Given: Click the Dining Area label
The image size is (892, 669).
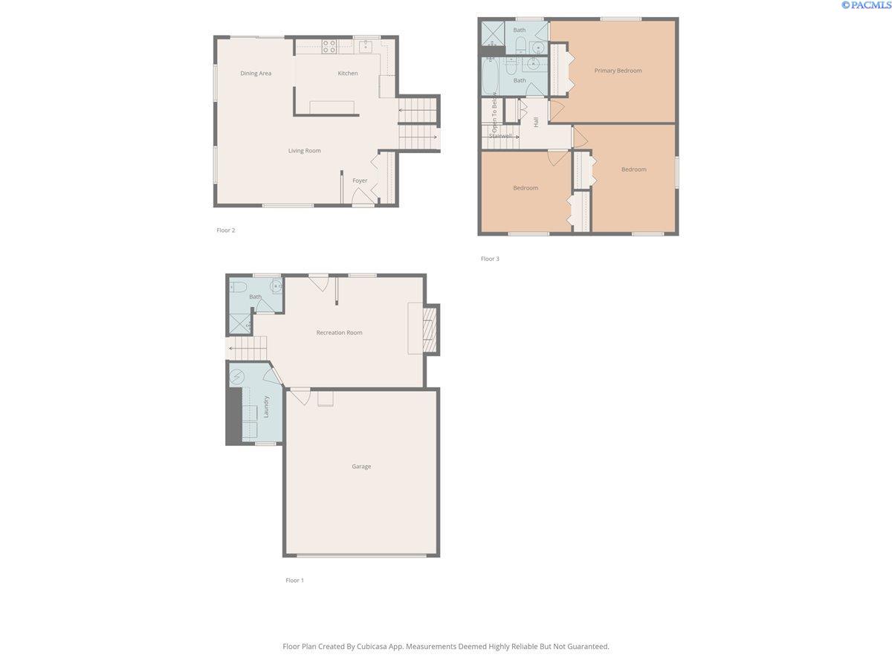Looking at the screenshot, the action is coord(255,73).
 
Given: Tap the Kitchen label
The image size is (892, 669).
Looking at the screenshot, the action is coord(347,73).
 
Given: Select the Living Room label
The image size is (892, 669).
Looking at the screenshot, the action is coord(304,151).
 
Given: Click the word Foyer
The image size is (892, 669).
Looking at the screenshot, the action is coord(359,181).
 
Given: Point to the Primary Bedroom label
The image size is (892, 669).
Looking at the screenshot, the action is coord(618,71).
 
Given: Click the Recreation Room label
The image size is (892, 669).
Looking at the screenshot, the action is coord(339,333).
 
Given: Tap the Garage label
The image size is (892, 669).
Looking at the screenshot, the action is coord(361,466).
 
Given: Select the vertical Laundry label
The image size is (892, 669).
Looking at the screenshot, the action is coord(266,407).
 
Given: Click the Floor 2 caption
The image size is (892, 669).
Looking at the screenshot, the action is coord(225,230).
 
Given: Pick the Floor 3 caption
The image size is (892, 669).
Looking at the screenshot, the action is coord(490,259).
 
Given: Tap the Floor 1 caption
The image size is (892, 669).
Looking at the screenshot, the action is coord(294,581).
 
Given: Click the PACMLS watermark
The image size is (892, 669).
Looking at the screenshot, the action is coord(866,5).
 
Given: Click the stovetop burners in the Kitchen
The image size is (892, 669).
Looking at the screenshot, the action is coord(329,46).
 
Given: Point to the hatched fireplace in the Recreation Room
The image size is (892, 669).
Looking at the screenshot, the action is coord(429,329).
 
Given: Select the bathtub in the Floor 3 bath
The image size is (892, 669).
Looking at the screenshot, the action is coord(490,76).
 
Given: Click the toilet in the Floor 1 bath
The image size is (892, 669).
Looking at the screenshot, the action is coord(238,288).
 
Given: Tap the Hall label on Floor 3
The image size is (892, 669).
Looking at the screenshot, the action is coord(536,122).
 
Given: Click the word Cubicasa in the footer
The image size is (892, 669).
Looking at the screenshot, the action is coord(372,646).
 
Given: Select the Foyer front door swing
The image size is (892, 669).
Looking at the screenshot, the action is coord(363,196).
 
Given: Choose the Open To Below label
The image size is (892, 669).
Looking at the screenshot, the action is coord(494,112).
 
